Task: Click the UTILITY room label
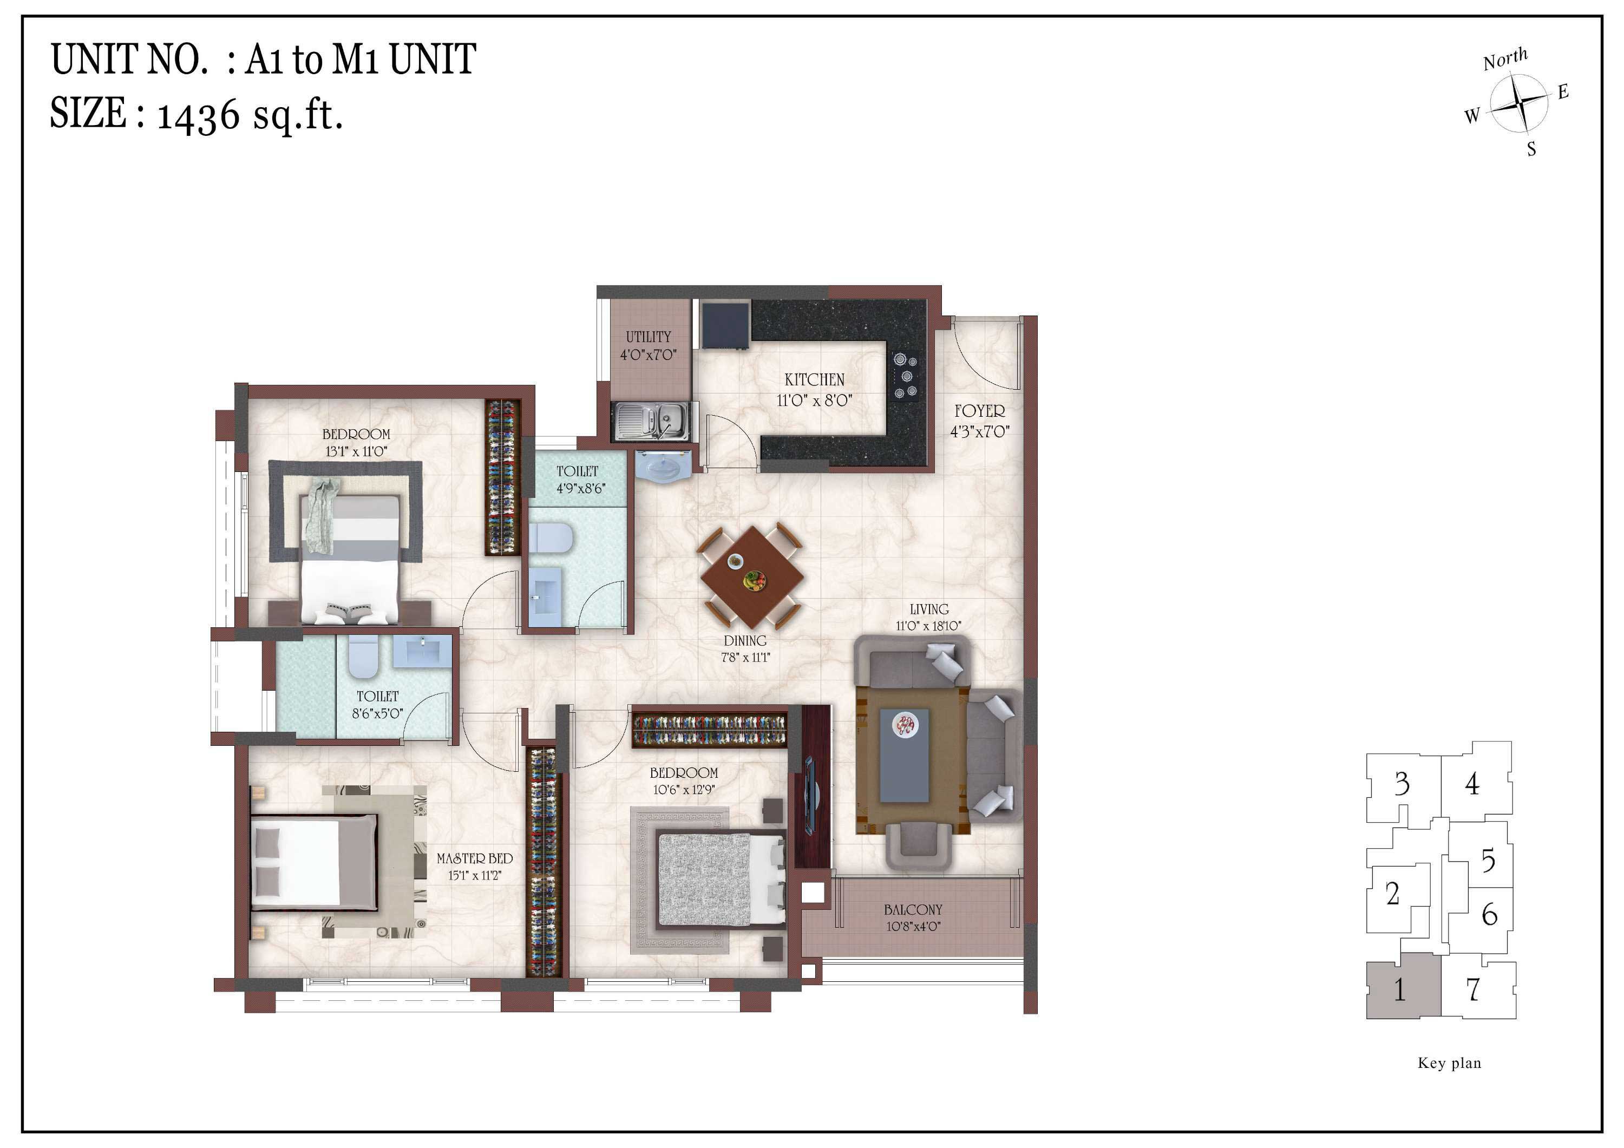[x=648, y=337]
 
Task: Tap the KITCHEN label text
[x=814, y=380]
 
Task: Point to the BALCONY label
[x=913, y=910]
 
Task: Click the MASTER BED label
[x=475, y=859]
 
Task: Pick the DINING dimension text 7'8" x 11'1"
[x=745, y=657]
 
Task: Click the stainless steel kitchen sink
[x=651, y=422]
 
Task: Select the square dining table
[x=752, y=576]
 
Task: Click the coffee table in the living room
[x=904, y=756]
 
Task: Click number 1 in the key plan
[x=1399, y=989]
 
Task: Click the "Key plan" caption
[x=1449, y=1062]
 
